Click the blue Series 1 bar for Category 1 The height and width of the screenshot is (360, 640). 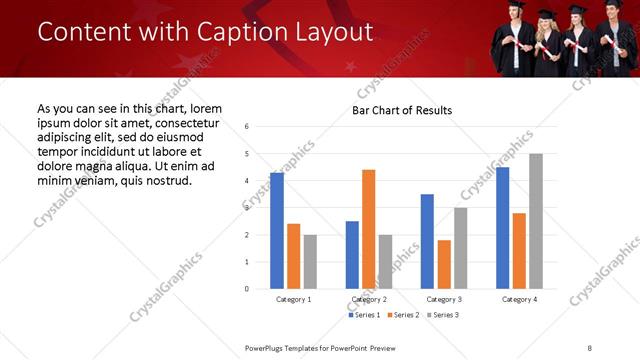(277, 231)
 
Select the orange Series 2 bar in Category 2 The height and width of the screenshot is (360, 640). (368, 229)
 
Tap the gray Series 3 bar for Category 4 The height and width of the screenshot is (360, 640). (536, 221)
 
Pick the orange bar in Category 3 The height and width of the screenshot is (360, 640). (444, 264)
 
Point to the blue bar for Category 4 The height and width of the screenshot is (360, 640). (502, 228)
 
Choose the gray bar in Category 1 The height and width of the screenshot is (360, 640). (310, 262)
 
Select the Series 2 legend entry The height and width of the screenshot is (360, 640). (404, 315)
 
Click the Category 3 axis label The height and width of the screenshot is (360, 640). (444, 299)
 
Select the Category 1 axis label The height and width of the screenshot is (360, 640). (293, 299)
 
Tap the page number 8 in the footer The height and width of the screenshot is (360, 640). (590, 347)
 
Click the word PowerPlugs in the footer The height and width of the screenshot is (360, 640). (268, 347)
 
